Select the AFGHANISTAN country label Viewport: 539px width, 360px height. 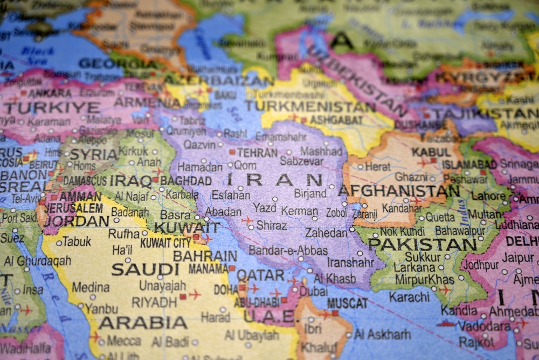[398, 190]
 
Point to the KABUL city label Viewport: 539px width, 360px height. [431, 152]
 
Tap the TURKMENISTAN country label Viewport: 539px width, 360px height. [310, 106]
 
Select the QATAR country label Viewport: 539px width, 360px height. [260, 275]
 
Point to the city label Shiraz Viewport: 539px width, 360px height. [271, 225]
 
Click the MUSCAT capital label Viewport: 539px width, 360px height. [347, 303]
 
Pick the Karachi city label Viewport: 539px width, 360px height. [409, 296]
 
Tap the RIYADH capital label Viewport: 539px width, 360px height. [154, 302]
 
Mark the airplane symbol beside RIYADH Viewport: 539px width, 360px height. [194, 295]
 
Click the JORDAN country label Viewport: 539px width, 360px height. [77, 221]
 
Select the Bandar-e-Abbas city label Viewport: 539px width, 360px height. [288, 251]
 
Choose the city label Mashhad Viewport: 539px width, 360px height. [321, 151]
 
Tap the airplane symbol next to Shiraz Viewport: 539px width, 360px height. [247, 220]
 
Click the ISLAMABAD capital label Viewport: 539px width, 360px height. [469, 164]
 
